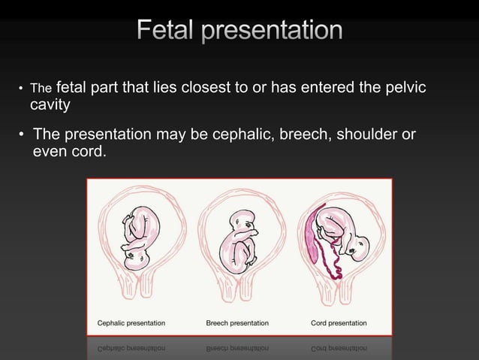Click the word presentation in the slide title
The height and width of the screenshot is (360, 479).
pyautogui.click(x=273, y=32)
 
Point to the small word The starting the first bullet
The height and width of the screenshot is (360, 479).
pyautogui.click(x=39, y=90)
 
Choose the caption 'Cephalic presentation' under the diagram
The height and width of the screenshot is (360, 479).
pyautogui.click(x=132, y=322)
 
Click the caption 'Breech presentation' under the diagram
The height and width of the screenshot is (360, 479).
pyautogui.click(x=237, y=322)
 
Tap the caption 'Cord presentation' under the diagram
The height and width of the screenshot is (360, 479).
pyautogui.click(x=339, y=322)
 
